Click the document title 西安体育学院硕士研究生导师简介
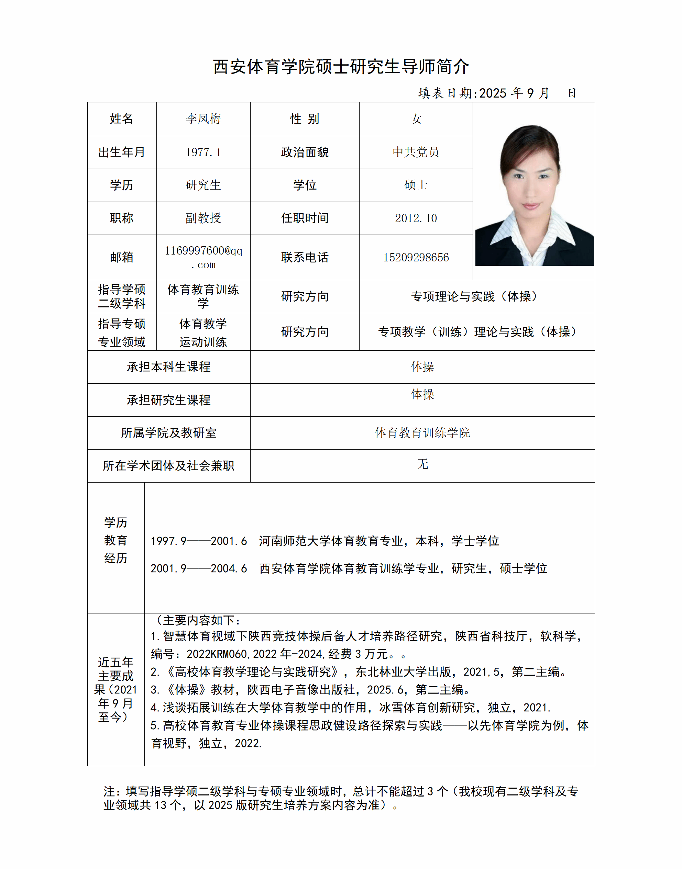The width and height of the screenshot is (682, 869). click(341, 67)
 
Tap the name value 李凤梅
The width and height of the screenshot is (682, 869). click(203, 119)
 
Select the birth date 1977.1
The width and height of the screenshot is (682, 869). click(203, 153)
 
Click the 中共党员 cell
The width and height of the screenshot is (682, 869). click(416, 152)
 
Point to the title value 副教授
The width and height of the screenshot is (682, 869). click(203, 218)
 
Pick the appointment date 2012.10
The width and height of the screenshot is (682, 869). click(416, 218)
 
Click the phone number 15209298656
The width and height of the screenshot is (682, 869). click(416, 257)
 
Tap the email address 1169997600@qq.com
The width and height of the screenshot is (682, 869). click(203, 257)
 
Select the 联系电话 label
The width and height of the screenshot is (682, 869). click(305, 257)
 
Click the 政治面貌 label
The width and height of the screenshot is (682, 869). click(305, 153)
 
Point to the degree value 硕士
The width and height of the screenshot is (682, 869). click(416, 185)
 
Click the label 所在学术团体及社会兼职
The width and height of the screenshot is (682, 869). click(168, 466)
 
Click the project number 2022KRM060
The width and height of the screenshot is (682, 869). click(217, 654)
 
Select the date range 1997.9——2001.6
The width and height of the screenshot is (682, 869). click(199, 541)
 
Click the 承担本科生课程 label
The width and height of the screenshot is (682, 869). click(168, 367)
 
